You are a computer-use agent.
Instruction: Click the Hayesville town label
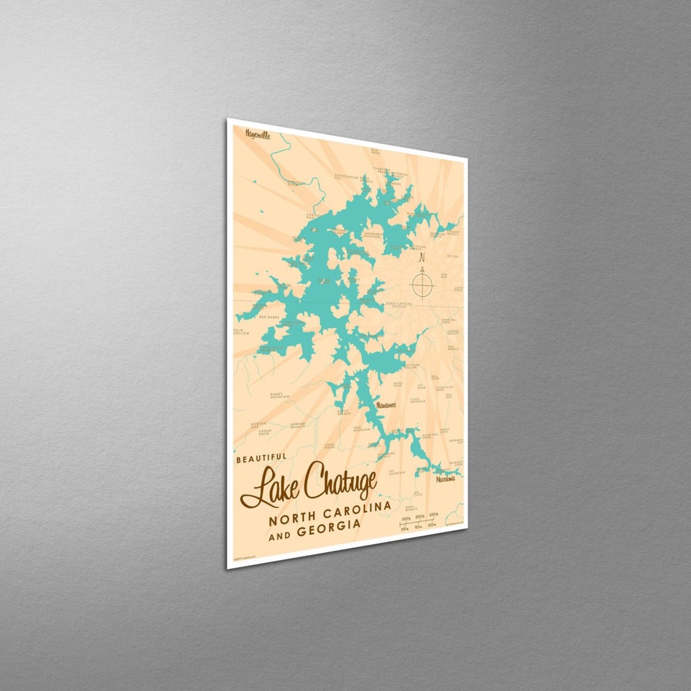pyautogui.click(x=257, y=135)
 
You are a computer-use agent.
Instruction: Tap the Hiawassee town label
pyautogui.click(x=386, y=404)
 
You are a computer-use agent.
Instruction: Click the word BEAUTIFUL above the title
pyautogui.click(x=262, y=459)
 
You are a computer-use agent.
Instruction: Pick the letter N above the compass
pyautogui.click(x=421, y=258)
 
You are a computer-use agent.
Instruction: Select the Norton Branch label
pyautogui.click(x=298, y=425)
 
